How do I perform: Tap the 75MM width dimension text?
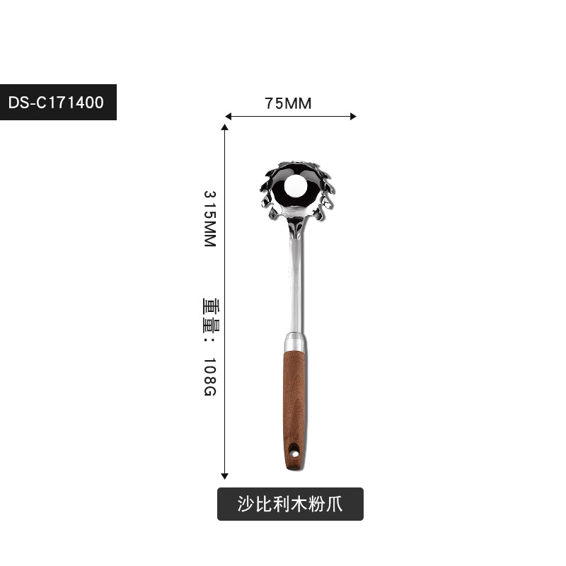coord(288,103)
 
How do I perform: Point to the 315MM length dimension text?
coord(210,219)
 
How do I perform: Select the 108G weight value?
coord(210,377)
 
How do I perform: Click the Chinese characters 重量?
coord(211,315)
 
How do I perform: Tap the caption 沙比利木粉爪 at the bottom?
coord(290,504)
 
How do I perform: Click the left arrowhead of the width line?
coord(228,116)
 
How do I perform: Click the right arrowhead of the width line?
coord(353,116)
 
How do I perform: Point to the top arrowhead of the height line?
coord(224,127)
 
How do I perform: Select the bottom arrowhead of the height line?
coord(224,476)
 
